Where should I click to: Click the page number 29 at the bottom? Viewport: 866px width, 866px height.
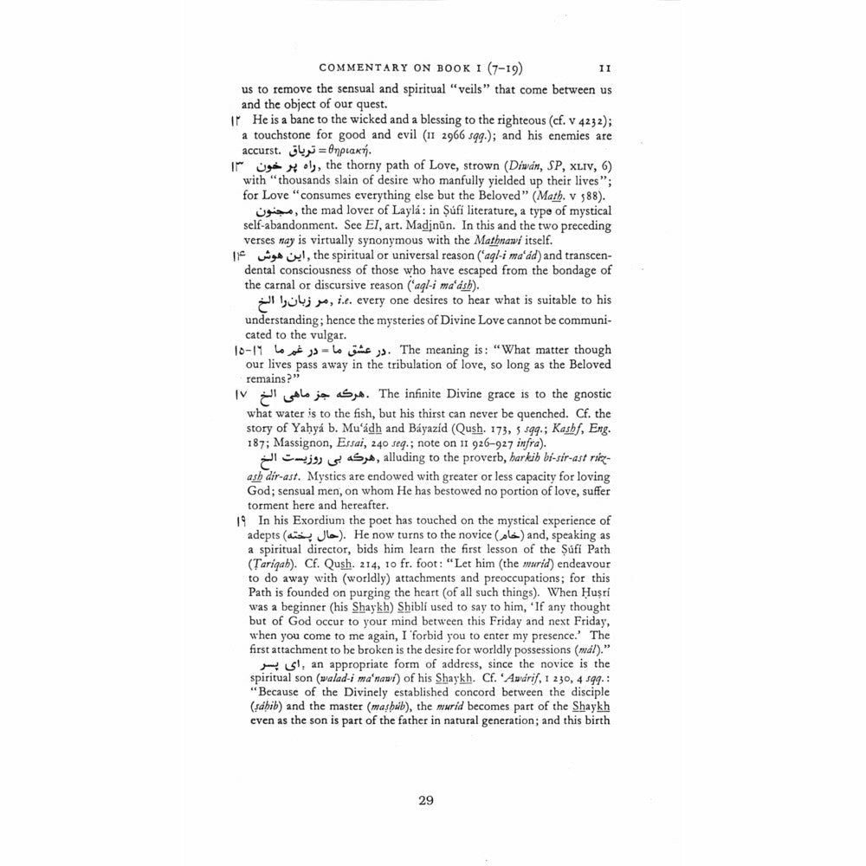425,799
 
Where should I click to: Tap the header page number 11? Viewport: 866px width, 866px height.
605,67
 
